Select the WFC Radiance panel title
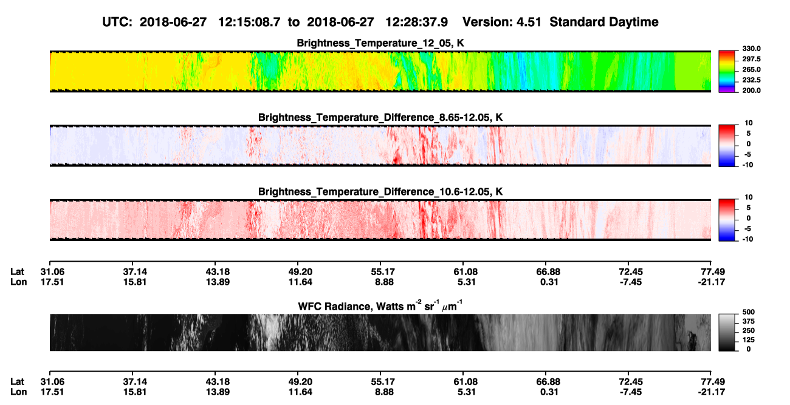pyautogui.click(x=380, y=306)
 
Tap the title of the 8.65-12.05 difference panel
pyautogui.click(x=380, y=117)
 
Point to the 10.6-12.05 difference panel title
pyautogui.click(x=380, y=192)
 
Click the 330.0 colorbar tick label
pyautogui.click(x=751, y=49)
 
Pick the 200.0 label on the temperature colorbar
pyautogui.click(x=751, y=90)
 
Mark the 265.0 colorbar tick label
pyautogui.click(x=751, y=69)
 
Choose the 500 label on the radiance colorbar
pyautogui.click(x=749, y=312)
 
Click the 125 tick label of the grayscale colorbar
pyautogui.click(x=749, y=340)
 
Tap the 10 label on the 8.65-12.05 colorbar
pyautogui.click(x=749, y=123)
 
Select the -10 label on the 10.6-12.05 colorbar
pyautogui.click(x=747, y=239)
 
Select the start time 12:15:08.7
pyautogui.click(x=249, y=22)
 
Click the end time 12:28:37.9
pyautogui.click(x=416, y=22)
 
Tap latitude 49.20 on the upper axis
pyautogui.click(x=300, y=272)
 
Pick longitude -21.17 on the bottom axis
pyautogui.click(x=712, y=392)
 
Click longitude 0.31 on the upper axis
pyautogui.click(x=549, y=282)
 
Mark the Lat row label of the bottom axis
pyautogui.click(x=17, y=382)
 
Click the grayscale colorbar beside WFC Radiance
pyautogui.click(x=727, y=332)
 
